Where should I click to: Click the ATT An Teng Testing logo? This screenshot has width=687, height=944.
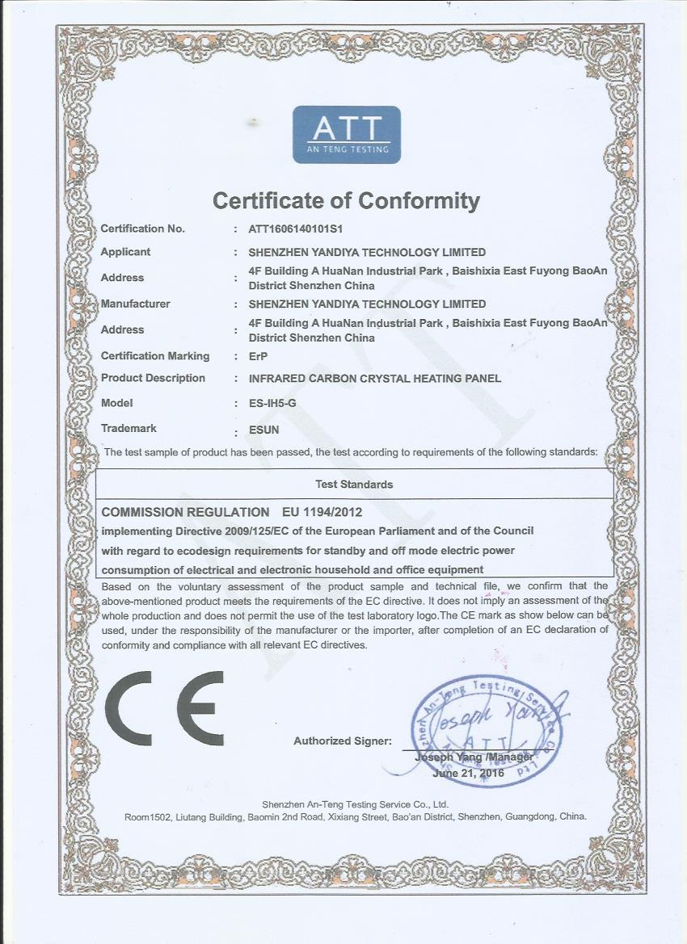(346, 134)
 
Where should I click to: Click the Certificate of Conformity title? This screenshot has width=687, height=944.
(346, 200)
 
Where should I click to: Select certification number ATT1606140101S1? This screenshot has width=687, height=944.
(296, 229)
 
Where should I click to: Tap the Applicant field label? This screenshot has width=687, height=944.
(125, 252)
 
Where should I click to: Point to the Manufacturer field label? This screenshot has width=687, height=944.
(136, 304)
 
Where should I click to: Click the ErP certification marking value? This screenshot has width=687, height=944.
(257, 356)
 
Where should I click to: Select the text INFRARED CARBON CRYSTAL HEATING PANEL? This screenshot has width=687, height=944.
(375, 378)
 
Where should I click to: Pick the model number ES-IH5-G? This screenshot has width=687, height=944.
(272, 403)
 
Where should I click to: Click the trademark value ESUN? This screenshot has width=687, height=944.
(264, 430)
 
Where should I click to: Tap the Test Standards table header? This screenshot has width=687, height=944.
(354, 485)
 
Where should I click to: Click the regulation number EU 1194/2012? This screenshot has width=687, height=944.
(322, 512)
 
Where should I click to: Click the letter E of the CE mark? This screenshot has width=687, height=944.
(200, 708)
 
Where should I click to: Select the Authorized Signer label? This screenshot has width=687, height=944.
(342, 741)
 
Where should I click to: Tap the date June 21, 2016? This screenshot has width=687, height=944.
(469, 773)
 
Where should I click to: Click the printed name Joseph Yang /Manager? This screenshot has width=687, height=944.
(474, 757)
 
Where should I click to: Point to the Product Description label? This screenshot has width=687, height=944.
(153, 378)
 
